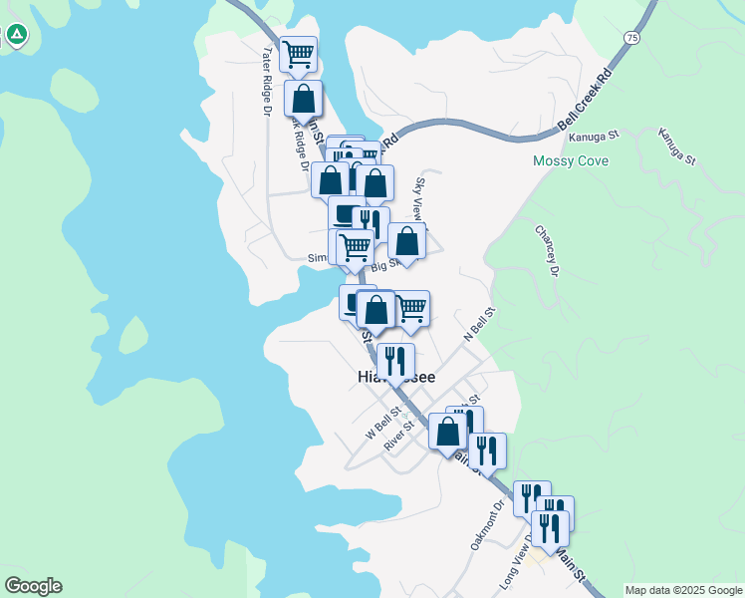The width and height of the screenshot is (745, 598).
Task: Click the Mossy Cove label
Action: (x=571, y=160)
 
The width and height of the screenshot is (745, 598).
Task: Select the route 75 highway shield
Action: (x=632, y=37)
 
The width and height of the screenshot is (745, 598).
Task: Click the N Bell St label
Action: (x=480, y=325)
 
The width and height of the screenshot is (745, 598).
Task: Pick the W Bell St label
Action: (x=383, y=423)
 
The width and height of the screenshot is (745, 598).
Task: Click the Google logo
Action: (x=33, y=586)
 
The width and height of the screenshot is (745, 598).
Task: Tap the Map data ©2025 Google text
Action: (x=683, y=590)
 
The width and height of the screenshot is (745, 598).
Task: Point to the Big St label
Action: (x=384, y=264)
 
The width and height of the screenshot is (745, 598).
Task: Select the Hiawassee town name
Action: (x=394, y=377)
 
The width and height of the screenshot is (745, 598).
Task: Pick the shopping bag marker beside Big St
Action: (x=406, y=242)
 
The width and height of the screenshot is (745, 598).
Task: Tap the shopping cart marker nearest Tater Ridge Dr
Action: (x=298, y=56)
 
